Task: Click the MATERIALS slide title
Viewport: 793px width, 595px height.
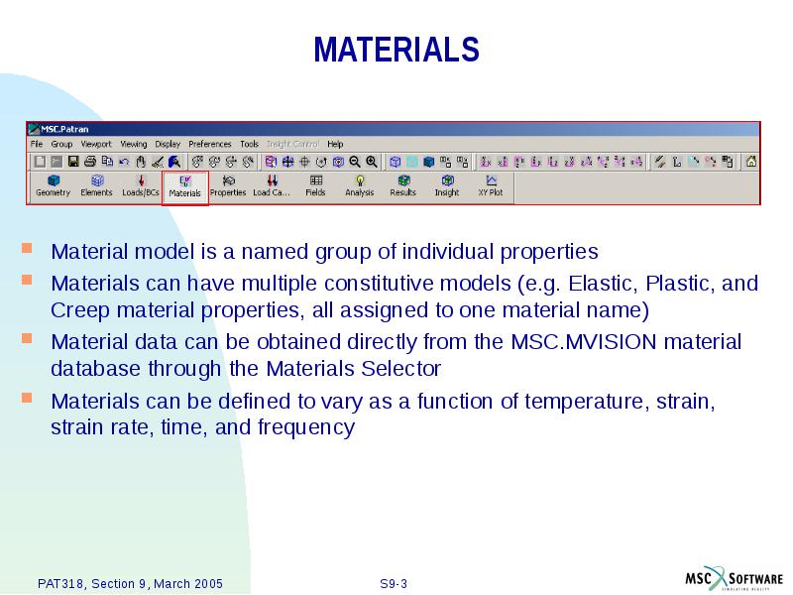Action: (396, 50)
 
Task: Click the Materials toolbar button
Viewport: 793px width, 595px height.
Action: (184, 186)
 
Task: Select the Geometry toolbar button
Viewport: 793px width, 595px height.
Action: (53, 186)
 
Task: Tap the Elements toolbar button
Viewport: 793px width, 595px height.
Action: (96, 186)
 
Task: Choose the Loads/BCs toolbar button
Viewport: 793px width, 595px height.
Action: (141, 186)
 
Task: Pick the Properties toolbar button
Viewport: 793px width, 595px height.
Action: (228, 186)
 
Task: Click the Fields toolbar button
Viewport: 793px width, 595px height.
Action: (315, 186)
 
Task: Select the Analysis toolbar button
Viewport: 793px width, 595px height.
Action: (359, 186)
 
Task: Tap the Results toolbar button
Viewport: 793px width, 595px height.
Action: (402, 186)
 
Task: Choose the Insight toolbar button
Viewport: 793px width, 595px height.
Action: (446, 186)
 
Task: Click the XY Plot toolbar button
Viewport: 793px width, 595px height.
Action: (491, 186)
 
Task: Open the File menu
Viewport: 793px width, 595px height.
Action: (37, 144)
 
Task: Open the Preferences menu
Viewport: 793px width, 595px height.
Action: (209, 144)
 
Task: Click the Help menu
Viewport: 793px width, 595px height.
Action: (335, 144)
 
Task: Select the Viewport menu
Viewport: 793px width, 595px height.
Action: (96, 144)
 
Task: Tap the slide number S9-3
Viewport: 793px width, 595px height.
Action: (394, 583)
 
